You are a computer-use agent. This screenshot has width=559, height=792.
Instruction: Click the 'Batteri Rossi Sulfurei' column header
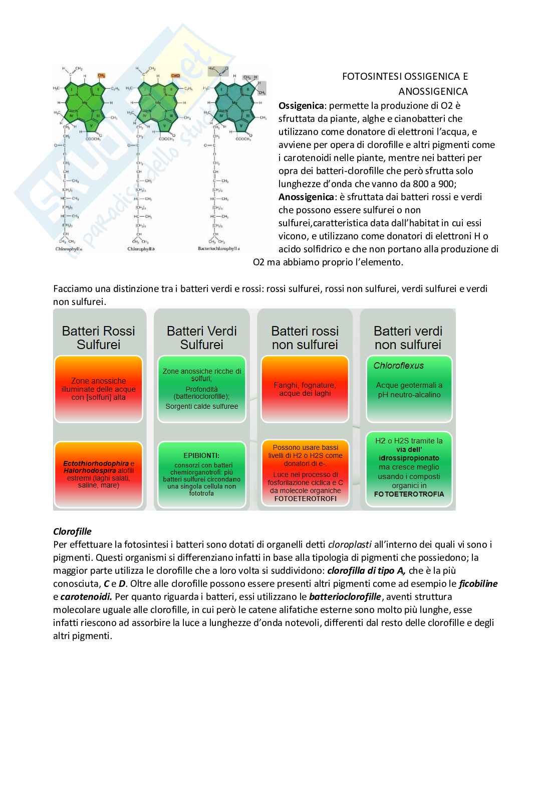[x=99, y=338]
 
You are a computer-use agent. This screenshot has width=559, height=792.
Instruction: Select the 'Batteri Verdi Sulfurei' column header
[x=201, y=338]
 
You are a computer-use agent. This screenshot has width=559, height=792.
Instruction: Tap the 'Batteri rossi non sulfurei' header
[x=305, y=338]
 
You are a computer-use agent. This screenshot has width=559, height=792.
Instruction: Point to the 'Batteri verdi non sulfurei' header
[x=408, y=338]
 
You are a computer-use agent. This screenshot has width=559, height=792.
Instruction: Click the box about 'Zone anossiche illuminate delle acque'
[x=99, y=389]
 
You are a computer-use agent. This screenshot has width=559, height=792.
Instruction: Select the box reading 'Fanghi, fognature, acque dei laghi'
[x=305, y=389]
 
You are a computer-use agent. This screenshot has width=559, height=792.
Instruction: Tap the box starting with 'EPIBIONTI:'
[x=201, y=474]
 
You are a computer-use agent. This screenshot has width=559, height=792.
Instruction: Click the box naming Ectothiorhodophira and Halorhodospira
[x=99, y=474]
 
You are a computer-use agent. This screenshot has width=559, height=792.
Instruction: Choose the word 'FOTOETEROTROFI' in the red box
[x=306, y=499]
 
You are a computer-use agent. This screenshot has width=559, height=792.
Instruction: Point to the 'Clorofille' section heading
[x=72, y=531]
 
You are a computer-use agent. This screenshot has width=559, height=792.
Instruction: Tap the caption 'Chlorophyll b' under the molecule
[x=141, y=249]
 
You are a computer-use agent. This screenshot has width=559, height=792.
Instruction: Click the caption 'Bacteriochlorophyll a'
[x=219, y=249]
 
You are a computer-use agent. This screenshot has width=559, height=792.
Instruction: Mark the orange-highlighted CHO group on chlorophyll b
[x=175, y=76]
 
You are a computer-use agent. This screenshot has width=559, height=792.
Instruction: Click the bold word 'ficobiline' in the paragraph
[x=478, y=584]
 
